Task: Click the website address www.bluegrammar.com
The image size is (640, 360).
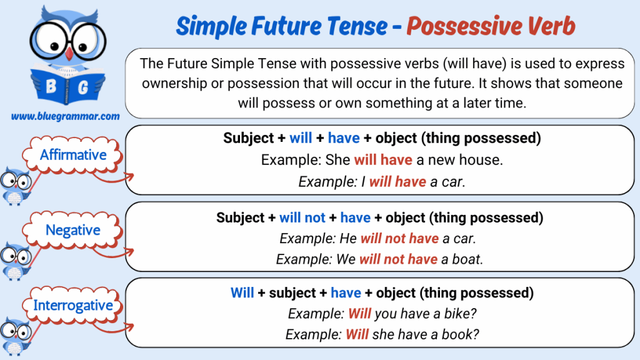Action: click(65, 116)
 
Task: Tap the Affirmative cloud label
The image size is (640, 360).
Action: click(73, 155)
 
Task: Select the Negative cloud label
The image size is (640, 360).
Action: click(72, 230)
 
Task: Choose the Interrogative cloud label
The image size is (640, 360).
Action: click(72, 305)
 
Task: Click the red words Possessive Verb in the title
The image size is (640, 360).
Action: click(491, 26)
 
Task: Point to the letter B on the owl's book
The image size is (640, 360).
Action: click(51, 86)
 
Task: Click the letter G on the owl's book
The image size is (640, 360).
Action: click(83, 87)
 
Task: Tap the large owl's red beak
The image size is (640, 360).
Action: click(69, 54)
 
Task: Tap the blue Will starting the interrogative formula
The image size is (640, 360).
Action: click(242, 292)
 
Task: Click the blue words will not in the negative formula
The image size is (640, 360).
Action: click(302, 217)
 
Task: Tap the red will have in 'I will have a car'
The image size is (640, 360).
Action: click(397, 182)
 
